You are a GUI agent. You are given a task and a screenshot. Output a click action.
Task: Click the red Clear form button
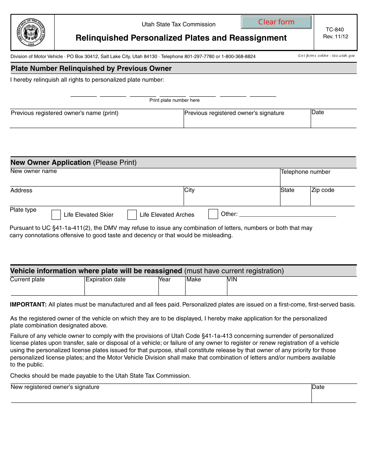point(276,22)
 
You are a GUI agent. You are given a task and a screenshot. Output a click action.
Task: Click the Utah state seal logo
point(31,32)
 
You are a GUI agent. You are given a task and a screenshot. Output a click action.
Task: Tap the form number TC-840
point(335,29)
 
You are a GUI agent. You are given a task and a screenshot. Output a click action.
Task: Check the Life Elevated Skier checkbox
point(56,215)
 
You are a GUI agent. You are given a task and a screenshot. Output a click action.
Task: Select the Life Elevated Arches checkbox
point(132,215)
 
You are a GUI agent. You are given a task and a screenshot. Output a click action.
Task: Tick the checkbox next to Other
point(213,214)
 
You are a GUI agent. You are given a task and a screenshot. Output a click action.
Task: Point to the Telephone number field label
point(305,172)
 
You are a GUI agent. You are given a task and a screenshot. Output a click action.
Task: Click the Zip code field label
point(322,190)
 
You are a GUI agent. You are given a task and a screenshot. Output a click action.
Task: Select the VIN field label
point(232,279)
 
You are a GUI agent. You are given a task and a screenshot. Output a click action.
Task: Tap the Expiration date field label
point(105,279)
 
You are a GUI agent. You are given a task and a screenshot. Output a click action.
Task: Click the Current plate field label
point(28,279)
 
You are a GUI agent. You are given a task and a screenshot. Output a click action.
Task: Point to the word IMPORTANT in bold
point(28,305)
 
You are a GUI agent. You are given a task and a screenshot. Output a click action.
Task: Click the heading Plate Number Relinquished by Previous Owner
point(91,68)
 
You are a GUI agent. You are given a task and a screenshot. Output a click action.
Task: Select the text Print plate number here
point(174,100)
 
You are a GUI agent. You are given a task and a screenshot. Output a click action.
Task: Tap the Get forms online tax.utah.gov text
point(326,56)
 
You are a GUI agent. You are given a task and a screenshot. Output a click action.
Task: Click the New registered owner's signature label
point(55,387)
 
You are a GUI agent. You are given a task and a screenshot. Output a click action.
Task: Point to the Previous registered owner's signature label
point(234,113)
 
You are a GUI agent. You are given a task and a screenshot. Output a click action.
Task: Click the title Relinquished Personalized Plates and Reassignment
point(181,38)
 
